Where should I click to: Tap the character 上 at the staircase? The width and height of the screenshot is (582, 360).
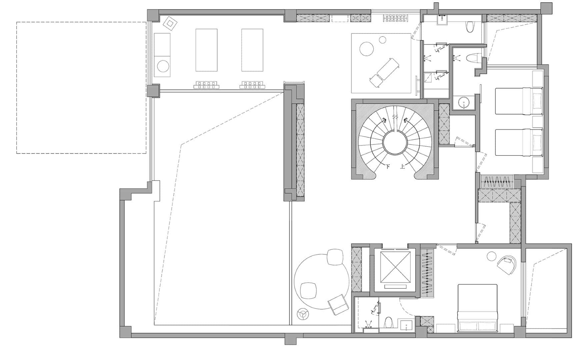[x=403, y=166]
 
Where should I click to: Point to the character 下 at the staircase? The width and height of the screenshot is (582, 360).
[x=388, y=166]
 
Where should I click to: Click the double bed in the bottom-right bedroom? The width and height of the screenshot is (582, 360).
[x=478, y=308]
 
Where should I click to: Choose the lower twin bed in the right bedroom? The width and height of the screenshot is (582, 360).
[x=519, y=142]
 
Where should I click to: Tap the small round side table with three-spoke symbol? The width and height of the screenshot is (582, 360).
[x=303, y=314]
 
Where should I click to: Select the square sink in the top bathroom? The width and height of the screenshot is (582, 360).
[x=443, y=20]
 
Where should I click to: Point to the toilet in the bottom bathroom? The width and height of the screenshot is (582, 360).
[x=388, y=323]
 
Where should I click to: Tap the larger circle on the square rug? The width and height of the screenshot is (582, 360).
[x=367, y=49]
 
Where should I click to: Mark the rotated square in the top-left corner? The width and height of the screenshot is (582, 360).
[x=170, y=23]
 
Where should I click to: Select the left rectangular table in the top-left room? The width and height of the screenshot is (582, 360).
[x=206, y=50]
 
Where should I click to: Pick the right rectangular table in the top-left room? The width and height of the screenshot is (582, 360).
[x=252, y=50]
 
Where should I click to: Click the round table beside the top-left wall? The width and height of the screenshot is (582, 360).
[x=164, y=66]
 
